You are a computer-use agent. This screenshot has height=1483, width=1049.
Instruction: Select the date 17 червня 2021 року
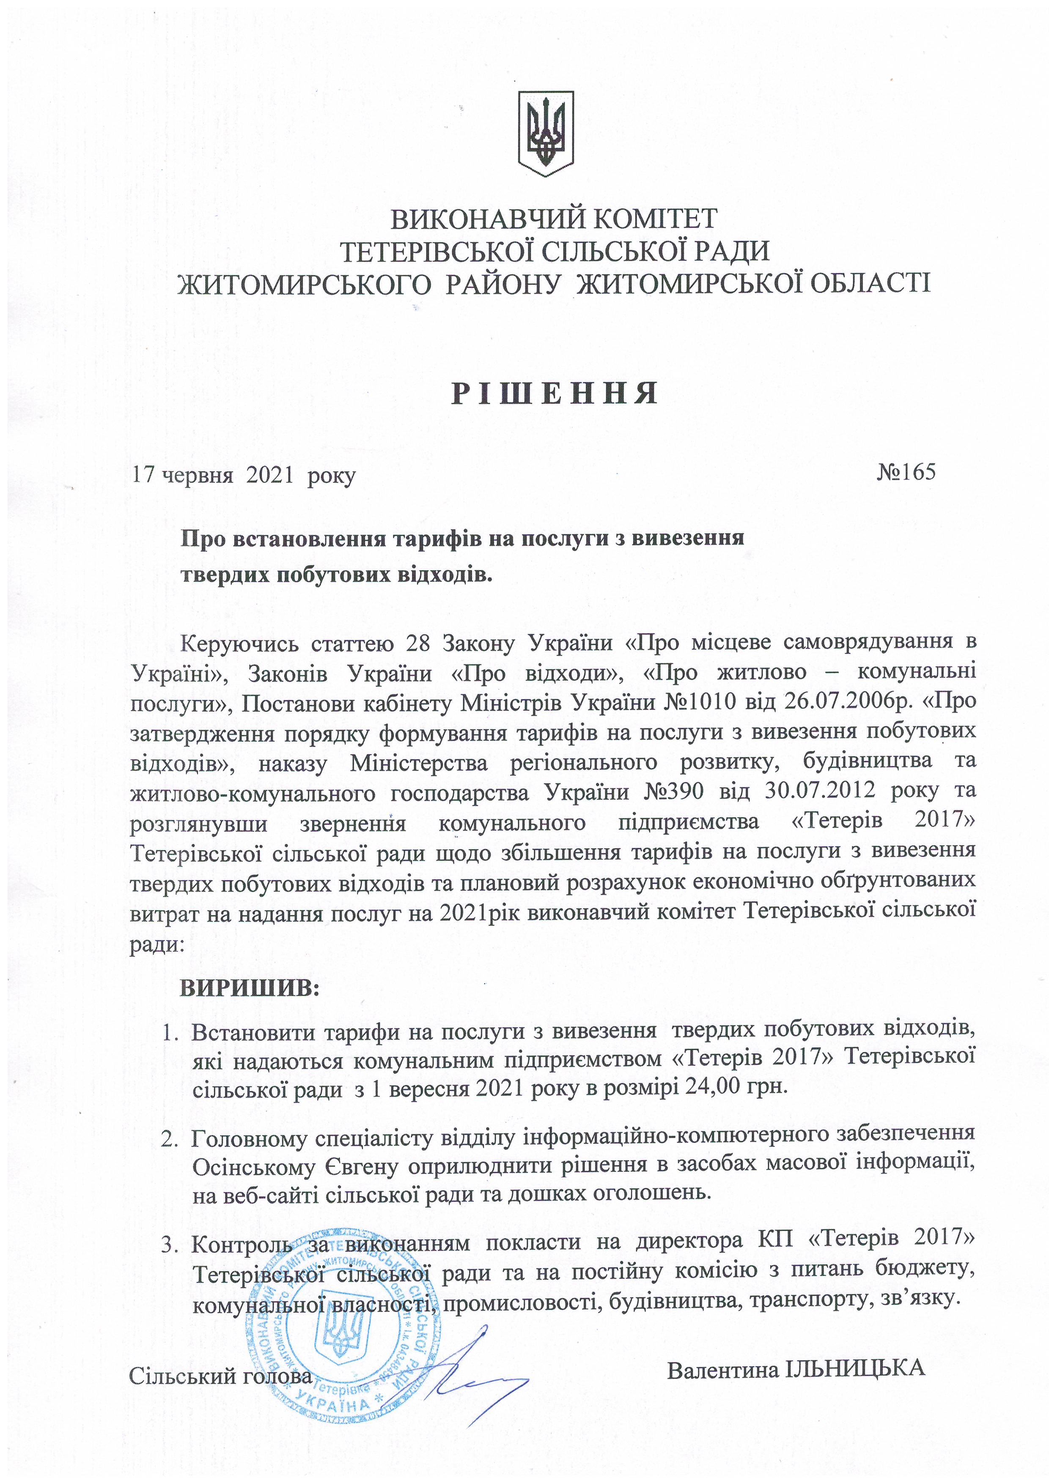(x=244, y=476)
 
